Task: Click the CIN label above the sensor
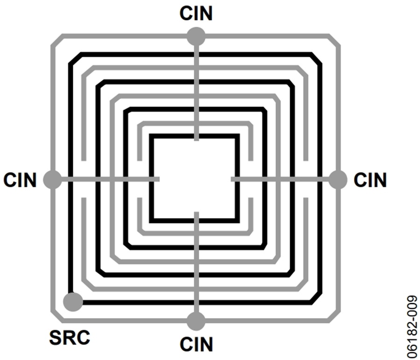pos(196,13)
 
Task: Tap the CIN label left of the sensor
pos(20,180)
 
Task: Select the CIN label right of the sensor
pos(370,180)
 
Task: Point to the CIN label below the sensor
pos(196,344)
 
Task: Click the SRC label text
pos(70,337)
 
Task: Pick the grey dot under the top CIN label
pos(196,36)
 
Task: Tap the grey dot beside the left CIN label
pos(52,179)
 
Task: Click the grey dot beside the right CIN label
pos(338,180)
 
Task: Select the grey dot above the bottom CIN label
pos(196,321)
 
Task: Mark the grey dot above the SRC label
pos(73,302)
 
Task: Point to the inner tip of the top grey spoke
pos(196,140)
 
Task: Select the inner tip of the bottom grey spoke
pos(196,213)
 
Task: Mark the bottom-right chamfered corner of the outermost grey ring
pos(334,316)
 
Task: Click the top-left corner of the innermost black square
pos(151,136)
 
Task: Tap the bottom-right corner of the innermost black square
pos(238,221)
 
